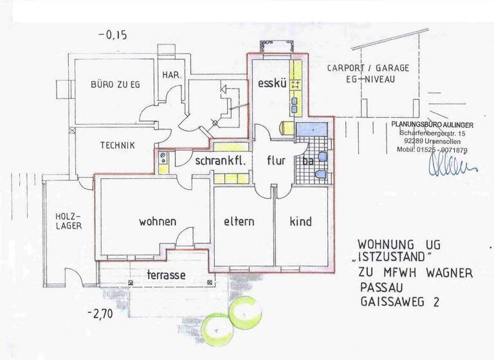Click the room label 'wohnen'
[158, 222]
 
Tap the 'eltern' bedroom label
[239, 222]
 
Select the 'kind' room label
[300, 222]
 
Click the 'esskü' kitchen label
[271, 84]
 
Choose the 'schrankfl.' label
[221, 161]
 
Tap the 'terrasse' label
[166, 275]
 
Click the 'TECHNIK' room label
[117, 146]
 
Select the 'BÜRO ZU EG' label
[115, 84]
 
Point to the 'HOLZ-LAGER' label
[67, 222]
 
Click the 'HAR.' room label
[172, 75]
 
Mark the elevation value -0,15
[113, 36]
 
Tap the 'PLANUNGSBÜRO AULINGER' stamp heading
[432, 124]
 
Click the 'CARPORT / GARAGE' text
[367, 68]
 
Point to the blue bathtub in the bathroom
[313, 128]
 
